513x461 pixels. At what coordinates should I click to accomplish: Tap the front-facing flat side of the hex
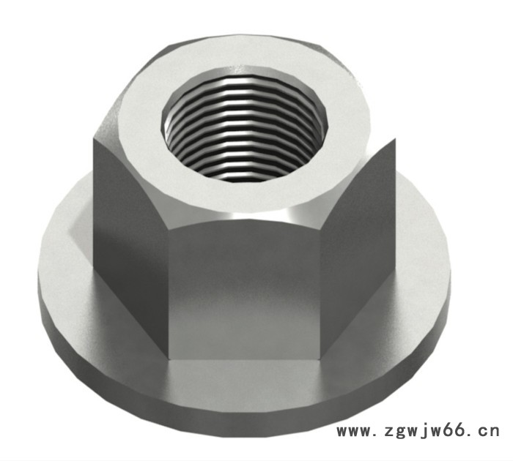[244, 291]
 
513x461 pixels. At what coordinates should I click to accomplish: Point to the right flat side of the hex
[358, 241]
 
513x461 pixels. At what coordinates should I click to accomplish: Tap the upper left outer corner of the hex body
[94, 139]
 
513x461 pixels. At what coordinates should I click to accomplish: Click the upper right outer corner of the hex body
[395, 139]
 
